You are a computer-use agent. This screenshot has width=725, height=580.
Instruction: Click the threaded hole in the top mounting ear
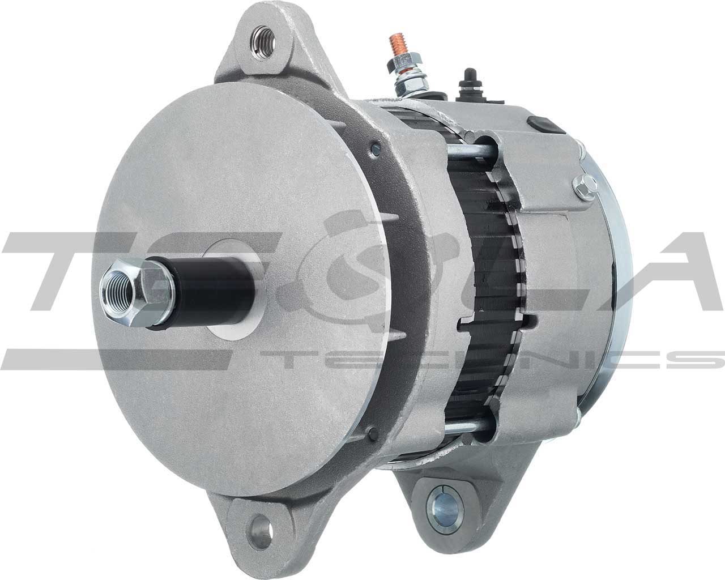265,40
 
